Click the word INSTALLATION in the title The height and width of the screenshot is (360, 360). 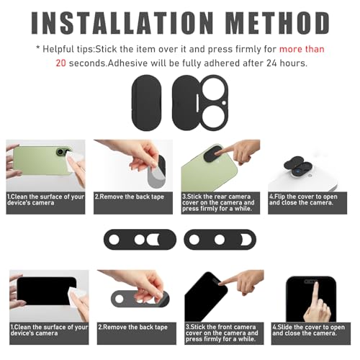(122, 23)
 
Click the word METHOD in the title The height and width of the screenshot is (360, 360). (278, 23)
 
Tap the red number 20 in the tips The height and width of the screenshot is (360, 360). (60, 63)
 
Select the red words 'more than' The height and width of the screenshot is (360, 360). (302, 49)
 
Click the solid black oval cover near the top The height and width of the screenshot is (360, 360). (146, 103)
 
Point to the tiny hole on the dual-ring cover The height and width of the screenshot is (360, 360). (224, 103)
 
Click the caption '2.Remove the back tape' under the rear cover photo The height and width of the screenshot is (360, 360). (130, 197)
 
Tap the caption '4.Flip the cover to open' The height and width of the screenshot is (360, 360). (303, 197)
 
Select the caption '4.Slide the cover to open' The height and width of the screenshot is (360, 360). (309, 327)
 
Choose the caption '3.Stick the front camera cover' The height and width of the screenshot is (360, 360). (222, 330)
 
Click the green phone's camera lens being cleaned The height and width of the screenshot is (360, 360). (60, 152)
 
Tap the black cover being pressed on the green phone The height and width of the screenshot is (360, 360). (214, 153)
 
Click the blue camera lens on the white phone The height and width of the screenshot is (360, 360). (297, 172)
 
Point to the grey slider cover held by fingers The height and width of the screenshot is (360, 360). (140, 299)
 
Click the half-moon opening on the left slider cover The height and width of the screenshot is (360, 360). (153, 240)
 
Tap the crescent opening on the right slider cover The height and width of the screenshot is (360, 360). (247, 240)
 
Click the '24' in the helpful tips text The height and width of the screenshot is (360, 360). (271, 63)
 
